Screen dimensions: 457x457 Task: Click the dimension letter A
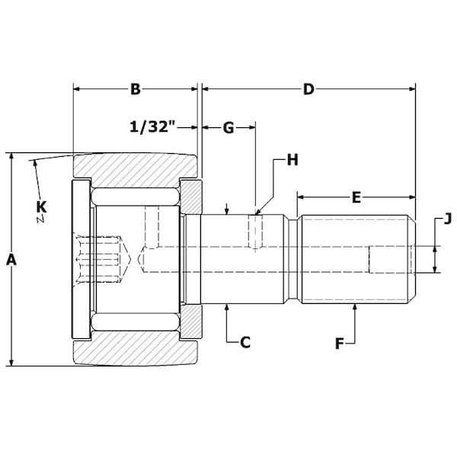pos(11,260)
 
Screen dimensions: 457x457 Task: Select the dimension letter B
pos(136,89)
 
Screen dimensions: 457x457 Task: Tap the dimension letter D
pos(308,89)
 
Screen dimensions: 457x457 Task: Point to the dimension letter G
pos(228,128)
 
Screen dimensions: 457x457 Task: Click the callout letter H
pos(292,160)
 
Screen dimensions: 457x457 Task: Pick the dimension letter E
pos(356,197)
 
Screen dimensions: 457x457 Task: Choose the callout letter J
pos(448,219)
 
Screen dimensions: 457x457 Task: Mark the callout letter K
pos(41,207)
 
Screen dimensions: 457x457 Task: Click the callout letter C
pos(245,342)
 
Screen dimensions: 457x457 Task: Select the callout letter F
pos(339,344)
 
